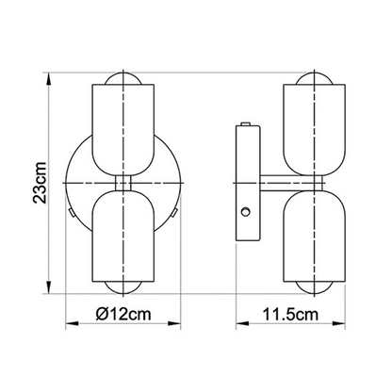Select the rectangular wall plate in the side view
pos(243,178)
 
